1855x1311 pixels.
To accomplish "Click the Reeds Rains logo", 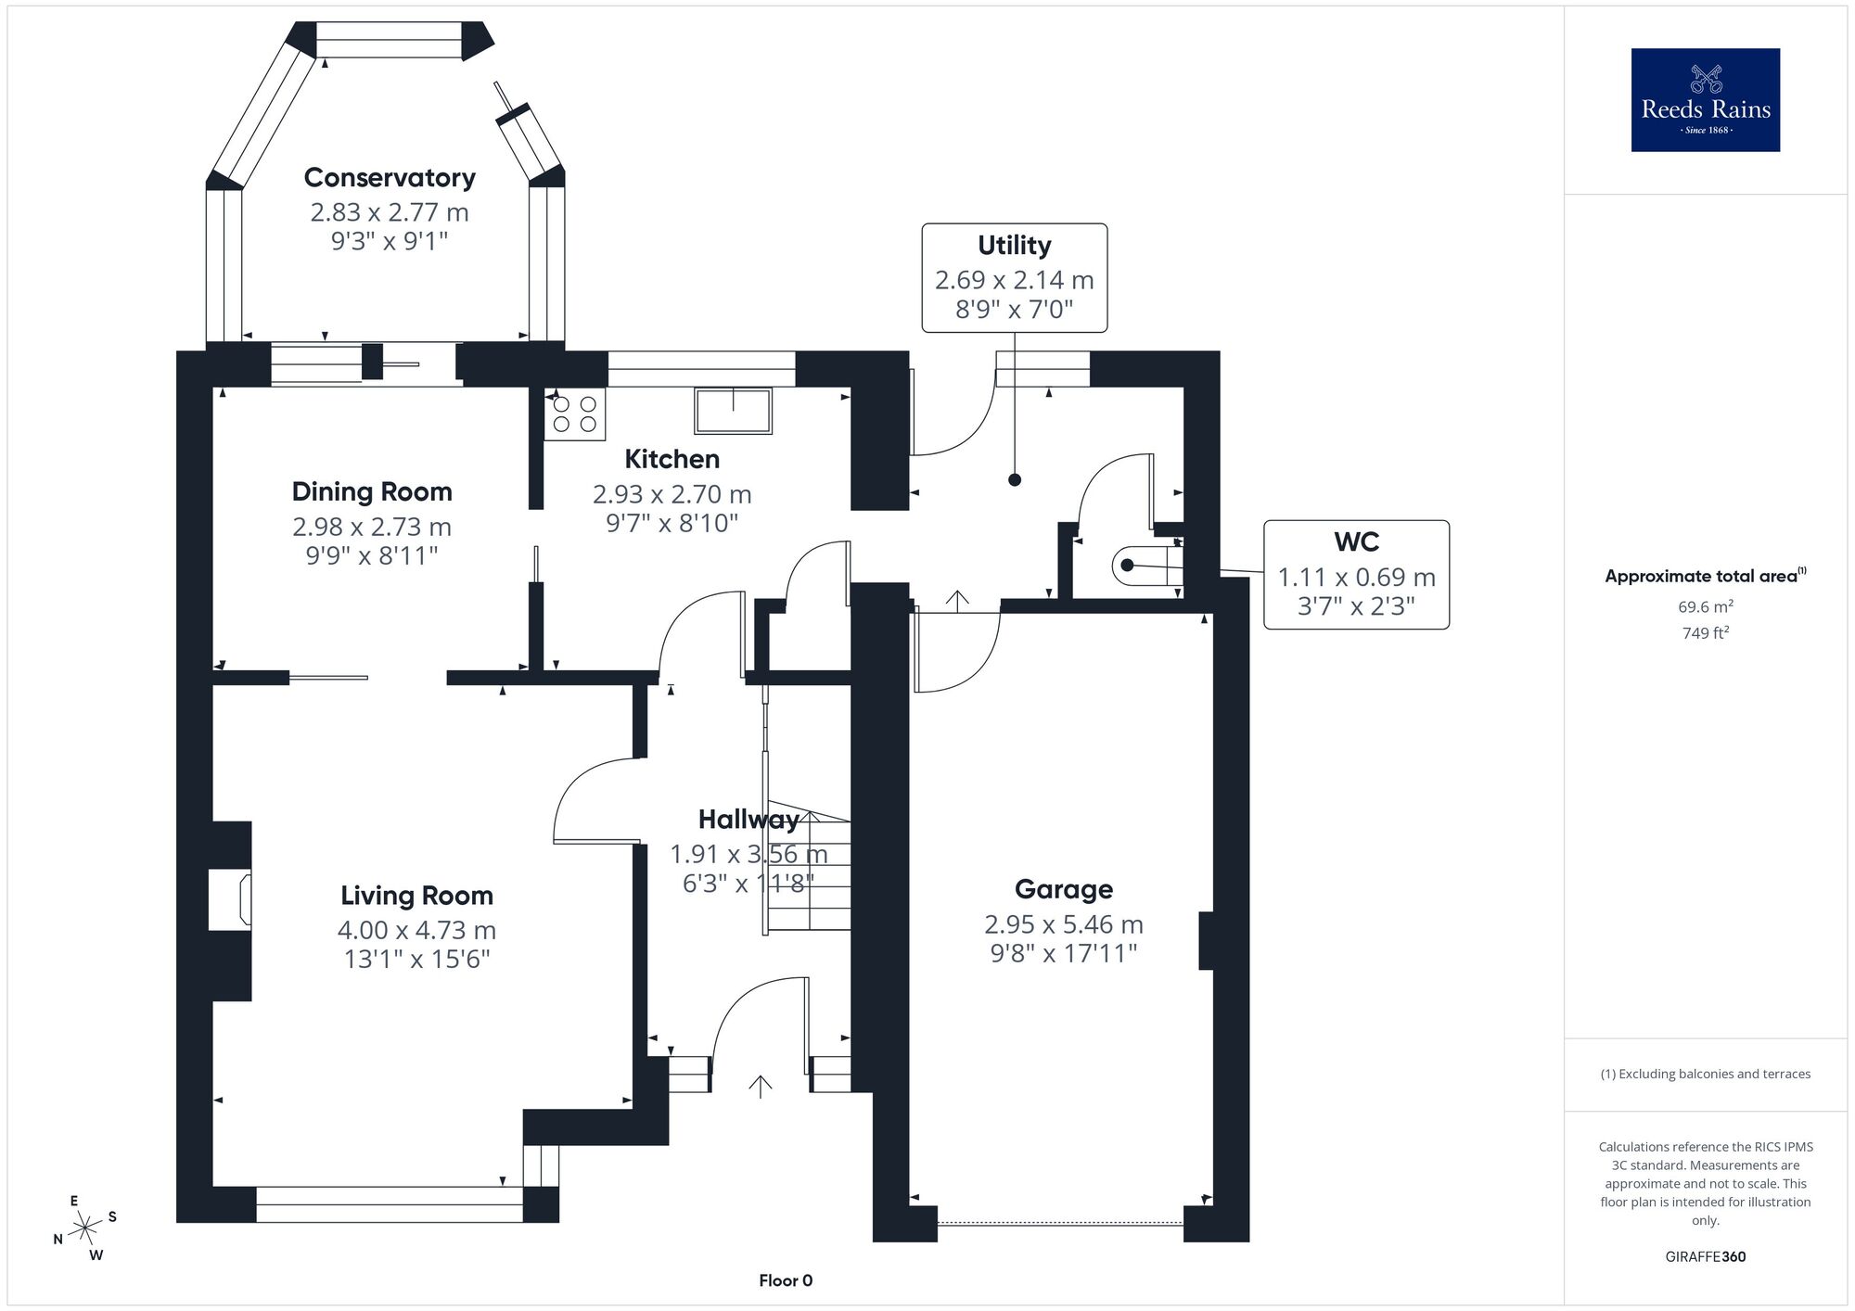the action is click(1706, 100).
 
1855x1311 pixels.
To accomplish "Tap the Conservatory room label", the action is click(390, 177).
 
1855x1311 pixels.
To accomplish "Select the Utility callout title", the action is click(1015, 246).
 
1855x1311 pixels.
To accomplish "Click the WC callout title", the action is click(1357, 541).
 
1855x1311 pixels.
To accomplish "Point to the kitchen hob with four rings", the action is click(575, 414).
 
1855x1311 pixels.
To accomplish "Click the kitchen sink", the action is click(734, 411).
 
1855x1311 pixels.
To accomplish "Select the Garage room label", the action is click(1064, 889).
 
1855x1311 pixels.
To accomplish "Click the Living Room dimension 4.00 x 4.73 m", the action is click(416, 930).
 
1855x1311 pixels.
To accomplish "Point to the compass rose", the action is click(85, 1228).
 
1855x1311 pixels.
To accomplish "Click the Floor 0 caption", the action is click(786, 1280).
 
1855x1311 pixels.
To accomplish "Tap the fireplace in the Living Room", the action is click(230, 899).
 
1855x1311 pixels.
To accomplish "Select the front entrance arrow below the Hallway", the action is click(761, 1087).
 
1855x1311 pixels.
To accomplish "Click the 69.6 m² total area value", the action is click(1706, 607).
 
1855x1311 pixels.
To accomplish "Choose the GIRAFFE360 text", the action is click(1706, 1257).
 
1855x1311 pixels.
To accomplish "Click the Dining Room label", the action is click(372, 491).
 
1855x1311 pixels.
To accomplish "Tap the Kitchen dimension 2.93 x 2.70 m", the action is click(672, 494).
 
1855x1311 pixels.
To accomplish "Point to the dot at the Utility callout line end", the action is click(1015, 480).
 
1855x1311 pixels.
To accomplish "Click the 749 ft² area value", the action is click(1706, 633).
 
